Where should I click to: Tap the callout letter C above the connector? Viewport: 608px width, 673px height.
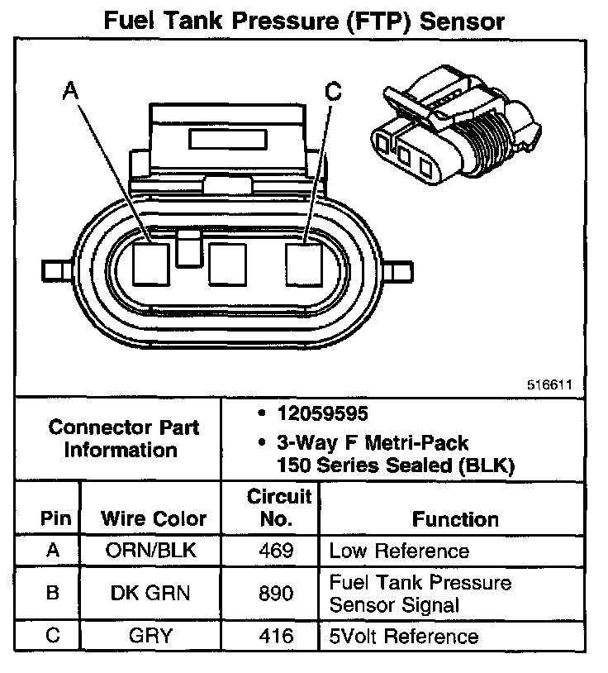click(x=332, y=92)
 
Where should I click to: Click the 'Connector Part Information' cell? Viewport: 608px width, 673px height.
click(x=123, y=439)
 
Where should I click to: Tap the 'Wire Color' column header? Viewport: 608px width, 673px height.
click(x=153, y=519)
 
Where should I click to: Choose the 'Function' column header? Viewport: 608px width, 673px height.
click(x=455, y=519)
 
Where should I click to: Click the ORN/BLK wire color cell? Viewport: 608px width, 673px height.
click(x=153, y=551)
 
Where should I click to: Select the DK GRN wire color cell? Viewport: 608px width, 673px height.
click(x=153, y=594)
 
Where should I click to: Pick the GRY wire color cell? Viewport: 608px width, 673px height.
click(x=153, y=637)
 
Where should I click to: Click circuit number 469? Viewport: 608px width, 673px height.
click(x=275, y=551)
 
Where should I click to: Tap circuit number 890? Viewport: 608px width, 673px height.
click(x=275, y=594)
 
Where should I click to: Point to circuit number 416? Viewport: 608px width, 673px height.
click(x=275, y=637)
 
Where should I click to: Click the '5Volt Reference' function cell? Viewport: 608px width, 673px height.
click(x=403, y=637)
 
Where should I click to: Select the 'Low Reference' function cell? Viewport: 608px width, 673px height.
click(x=398, y=551)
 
